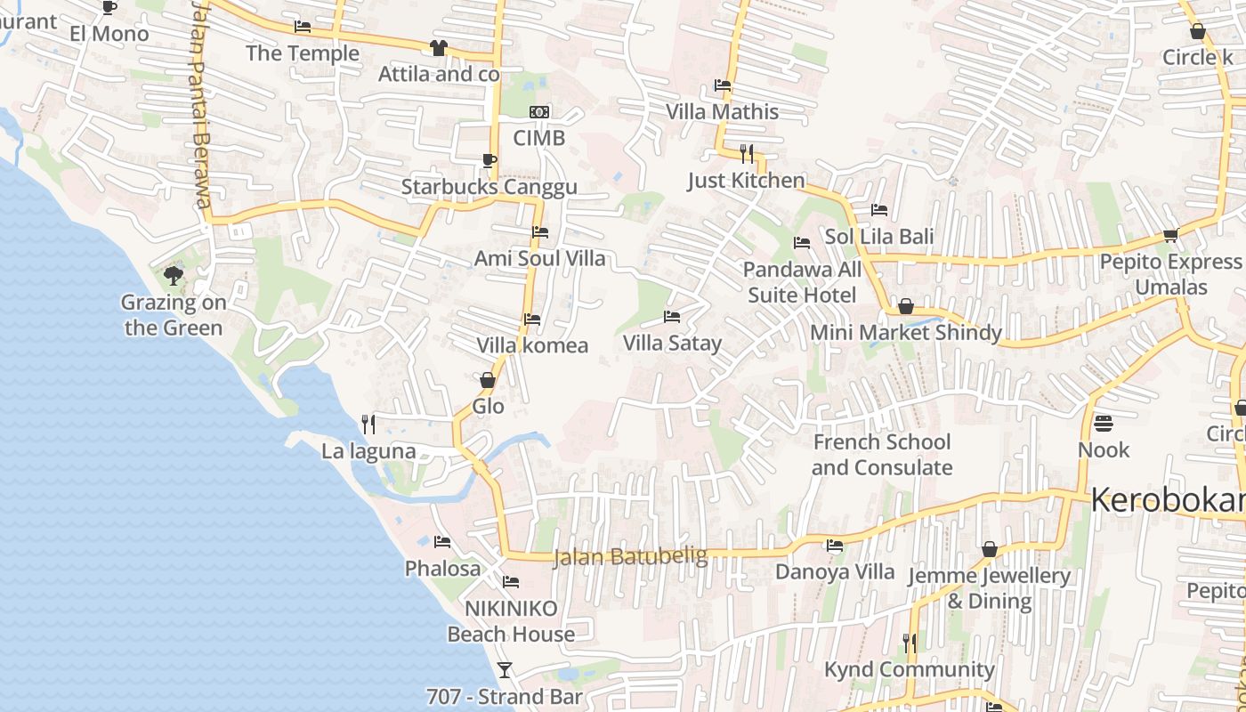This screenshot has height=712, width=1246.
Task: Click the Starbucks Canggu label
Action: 489,187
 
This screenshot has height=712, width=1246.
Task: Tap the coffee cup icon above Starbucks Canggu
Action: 489,160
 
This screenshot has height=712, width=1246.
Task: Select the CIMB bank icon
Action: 539,112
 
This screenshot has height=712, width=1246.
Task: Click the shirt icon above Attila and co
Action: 439,48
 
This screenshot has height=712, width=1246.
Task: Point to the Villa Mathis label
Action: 723,112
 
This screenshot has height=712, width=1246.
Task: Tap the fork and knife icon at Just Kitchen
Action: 747,154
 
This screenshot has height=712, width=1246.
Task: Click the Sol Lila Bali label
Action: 879,237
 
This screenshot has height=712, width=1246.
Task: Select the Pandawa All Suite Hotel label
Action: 802,282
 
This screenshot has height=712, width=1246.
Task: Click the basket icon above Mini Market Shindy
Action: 906,307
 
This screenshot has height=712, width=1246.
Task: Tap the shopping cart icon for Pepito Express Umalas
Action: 1170,236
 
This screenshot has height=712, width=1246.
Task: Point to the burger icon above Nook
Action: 1104,423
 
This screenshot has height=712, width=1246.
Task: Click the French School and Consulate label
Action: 882,455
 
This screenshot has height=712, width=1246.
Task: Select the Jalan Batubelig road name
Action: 630,557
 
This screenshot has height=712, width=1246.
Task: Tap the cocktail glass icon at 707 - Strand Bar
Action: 505,669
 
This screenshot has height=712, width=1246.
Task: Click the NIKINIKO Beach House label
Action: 511,621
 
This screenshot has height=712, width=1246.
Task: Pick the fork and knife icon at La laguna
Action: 368,425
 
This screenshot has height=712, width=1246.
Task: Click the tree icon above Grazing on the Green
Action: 174,276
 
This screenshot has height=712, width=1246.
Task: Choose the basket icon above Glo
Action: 488,380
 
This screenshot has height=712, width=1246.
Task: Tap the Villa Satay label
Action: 672,343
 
